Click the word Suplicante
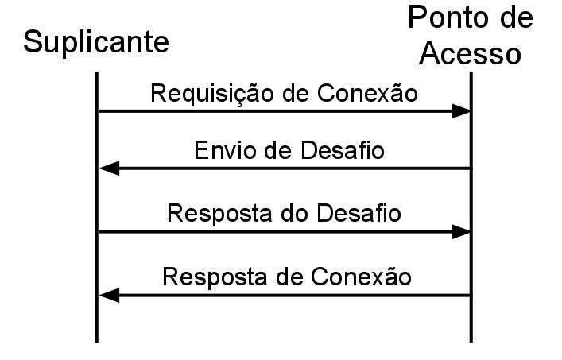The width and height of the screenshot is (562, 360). point(95,41)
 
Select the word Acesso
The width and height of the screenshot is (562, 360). point(471,53)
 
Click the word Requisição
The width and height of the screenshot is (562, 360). point(209,93)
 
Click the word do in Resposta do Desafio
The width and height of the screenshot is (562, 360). point(289,214)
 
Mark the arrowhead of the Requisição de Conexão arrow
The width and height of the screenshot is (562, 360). point(462,111)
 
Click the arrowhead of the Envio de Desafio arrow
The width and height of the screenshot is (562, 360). point(108,168)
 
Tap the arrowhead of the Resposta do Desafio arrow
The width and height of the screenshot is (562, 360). point(462,232)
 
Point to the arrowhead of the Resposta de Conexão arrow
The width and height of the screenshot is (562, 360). point(108,296)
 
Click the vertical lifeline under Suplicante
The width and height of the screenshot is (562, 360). point(97,318)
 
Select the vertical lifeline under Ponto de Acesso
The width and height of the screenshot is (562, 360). point(471,318)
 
